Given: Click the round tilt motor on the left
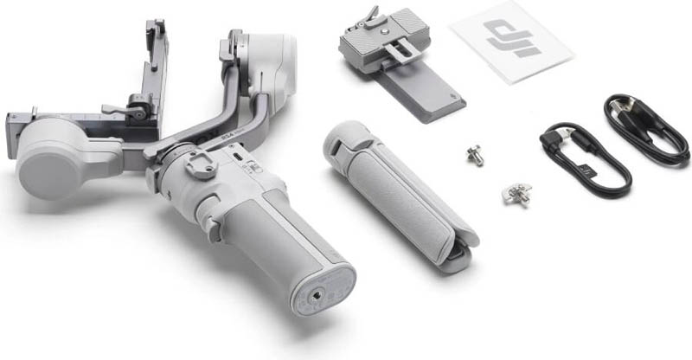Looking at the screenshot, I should (x=54, y=156).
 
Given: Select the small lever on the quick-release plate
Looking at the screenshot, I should (x=371, y=15).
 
